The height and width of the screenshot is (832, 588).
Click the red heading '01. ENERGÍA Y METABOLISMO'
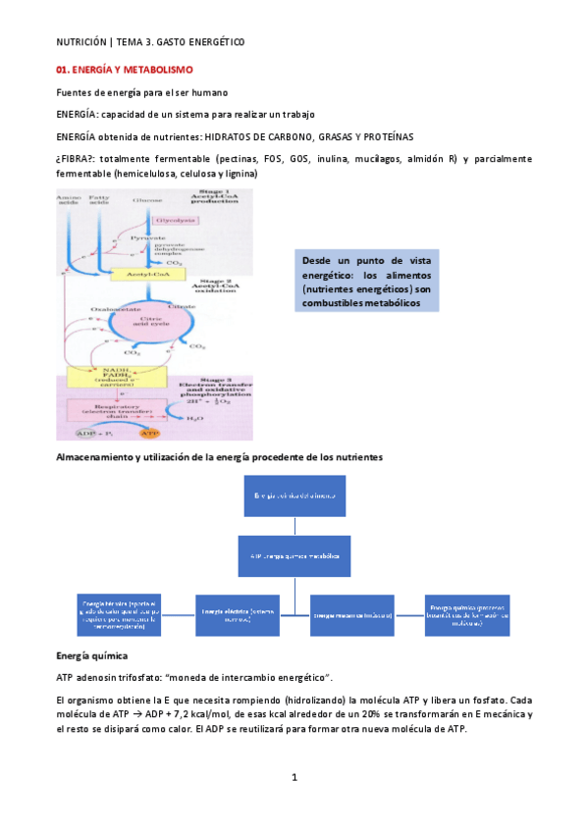coord(125,71)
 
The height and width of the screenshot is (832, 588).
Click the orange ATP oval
coord(149,432)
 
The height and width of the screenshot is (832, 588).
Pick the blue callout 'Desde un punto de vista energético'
coord(366,282)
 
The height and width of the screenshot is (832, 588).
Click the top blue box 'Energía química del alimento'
coord(294,497)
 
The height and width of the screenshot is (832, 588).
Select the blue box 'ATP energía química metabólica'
coord(294,556)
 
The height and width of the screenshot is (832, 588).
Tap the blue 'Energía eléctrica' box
coord(236,614)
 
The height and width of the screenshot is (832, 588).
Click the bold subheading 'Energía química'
coord(92,654)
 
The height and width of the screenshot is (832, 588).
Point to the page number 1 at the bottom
coord(294,777)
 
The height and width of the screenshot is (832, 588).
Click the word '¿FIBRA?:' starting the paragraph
coord(80,159)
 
